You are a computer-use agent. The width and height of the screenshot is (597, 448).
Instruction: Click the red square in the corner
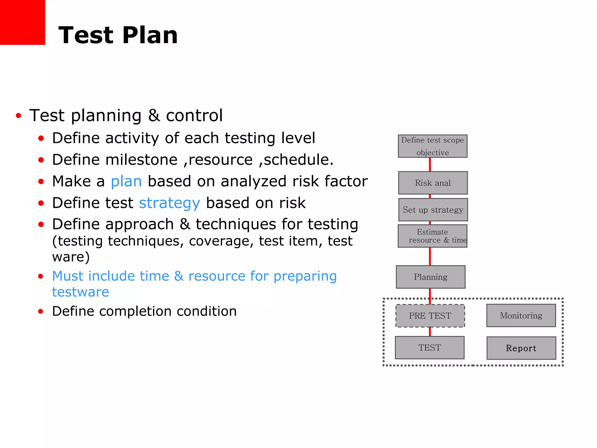[x=22, y=22]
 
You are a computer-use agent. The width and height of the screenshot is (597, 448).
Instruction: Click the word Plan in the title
[x=150, y=35]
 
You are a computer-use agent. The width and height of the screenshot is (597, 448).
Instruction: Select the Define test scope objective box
[x=433, y=146]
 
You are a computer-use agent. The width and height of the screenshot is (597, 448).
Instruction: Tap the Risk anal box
[x=433, y=183]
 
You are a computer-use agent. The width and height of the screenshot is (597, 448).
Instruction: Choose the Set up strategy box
[x=433, y=210]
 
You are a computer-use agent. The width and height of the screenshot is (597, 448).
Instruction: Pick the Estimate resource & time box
[x=433, y=236]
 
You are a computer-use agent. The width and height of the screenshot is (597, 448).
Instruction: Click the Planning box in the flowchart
[x=431, y=277]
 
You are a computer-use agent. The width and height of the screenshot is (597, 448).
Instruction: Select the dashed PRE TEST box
[x=430, y=316]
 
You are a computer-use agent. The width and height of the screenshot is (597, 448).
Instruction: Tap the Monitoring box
[x=521, y=316]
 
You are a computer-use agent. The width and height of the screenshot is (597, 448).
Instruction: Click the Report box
[x=521, y=348]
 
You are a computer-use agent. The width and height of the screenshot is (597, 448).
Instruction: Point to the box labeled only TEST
[x=430, y=348]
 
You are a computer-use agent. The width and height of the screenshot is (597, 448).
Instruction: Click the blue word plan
[x=126, y=182]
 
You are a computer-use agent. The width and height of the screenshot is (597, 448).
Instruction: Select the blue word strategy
[x=169, y=203]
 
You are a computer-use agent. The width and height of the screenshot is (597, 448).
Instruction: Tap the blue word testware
[x=80, y=292]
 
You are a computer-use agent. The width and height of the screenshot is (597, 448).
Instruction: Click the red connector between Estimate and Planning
[x=430, y=256]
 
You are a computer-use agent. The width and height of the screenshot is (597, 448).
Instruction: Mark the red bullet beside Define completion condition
[x=41, y=311]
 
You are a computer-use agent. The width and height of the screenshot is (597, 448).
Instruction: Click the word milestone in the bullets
[x=141, y=160]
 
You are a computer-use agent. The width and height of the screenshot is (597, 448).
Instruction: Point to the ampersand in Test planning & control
[x=154, y=116]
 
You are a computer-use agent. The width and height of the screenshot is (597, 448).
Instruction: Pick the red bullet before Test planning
[x=19, y=116]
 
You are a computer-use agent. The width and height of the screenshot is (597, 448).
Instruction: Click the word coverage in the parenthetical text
[x=221, y=241]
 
